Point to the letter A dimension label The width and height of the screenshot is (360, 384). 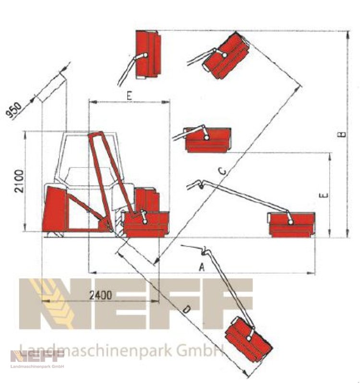coord(202,267)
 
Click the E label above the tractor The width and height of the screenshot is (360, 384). coord(129,96)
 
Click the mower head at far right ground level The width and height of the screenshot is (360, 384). coord(292,225)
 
